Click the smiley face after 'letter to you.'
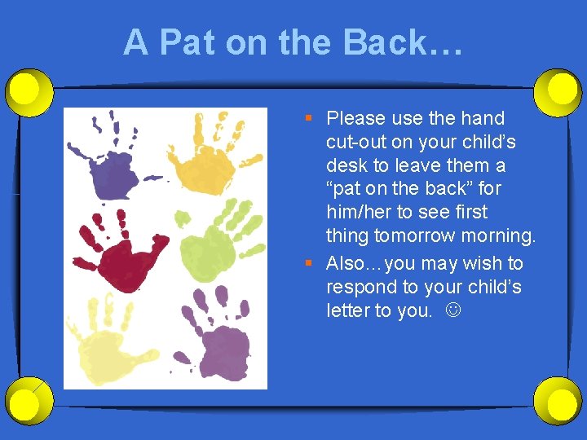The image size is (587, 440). point(448,311)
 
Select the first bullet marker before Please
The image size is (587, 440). point(309,119)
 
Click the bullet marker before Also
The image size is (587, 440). point(309,264)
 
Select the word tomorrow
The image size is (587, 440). point(415,236)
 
